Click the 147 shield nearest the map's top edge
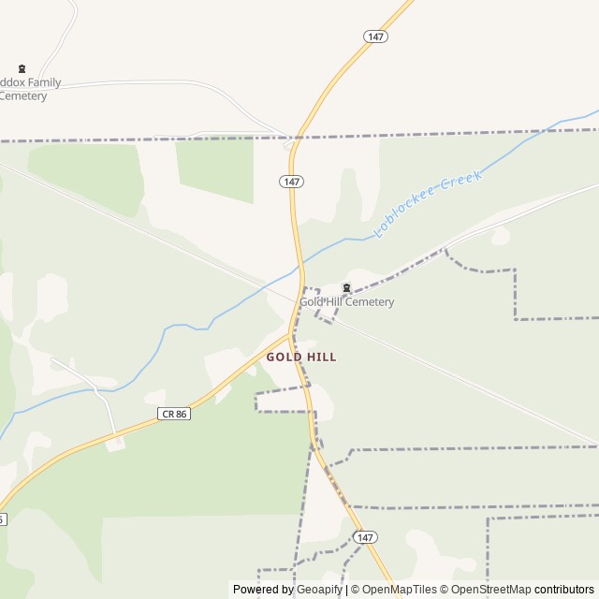click(376, 36)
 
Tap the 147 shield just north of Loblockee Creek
click(290, 181)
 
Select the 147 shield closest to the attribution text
click(366, 537)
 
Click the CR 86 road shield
click(174, 413)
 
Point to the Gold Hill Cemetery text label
click(346, 302)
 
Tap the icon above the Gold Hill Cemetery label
click(346, 288)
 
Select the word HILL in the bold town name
click(320, 358)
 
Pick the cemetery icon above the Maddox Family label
click(22, 68)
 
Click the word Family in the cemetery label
click(44, 82)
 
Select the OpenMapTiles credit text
click(400, 590)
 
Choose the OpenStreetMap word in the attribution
click(488, 590)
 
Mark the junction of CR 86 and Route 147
click(293, 331)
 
